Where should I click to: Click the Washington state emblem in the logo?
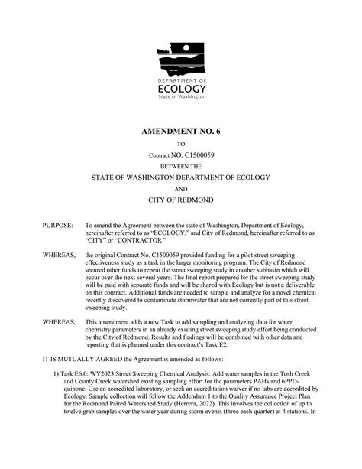coord(181,60)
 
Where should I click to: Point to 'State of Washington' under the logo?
coord(181,98)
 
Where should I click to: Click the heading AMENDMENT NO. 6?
coord(181,132)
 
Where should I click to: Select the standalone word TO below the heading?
coord(181,144)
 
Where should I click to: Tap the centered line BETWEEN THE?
coord(181,166)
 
